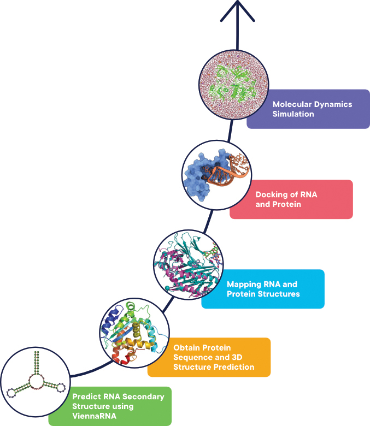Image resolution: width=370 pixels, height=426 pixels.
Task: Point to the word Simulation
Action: [x=293, y=114]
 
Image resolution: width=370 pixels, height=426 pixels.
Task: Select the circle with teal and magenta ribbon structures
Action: [x=187, y=264]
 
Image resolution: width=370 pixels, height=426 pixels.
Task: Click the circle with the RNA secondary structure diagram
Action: [x=36, y=382]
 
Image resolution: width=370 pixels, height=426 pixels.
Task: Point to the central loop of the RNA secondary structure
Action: [x=37, y=382]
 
